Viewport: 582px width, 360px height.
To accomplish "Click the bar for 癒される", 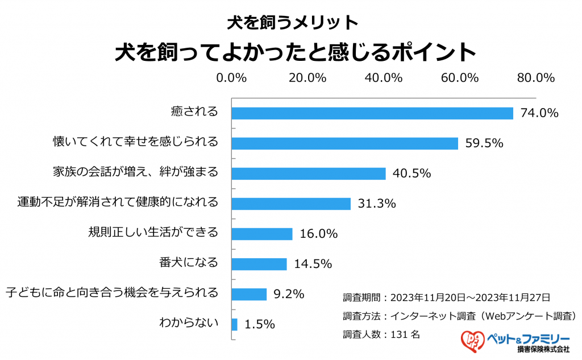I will [372, 113].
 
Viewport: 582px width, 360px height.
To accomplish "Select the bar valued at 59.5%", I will [344, 143].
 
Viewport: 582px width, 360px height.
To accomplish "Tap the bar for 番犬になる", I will [259, 264].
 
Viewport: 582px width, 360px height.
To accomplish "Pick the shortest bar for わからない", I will [234, 324].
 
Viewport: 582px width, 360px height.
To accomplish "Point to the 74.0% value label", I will [537, 113].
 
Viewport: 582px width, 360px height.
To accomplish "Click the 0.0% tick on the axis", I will [231, 78].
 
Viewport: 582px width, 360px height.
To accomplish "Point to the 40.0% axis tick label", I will [384, 78].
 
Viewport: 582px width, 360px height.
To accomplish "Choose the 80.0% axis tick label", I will [535, 78].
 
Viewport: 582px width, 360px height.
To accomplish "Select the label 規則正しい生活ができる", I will [153, 233].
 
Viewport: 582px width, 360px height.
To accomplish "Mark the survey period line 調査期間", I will [446, 297].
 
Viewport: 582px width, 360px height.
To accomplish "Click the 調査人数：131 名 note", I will [381, 334].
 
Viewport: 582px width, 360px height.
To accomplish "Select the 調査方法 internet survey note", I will [460, 316].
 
